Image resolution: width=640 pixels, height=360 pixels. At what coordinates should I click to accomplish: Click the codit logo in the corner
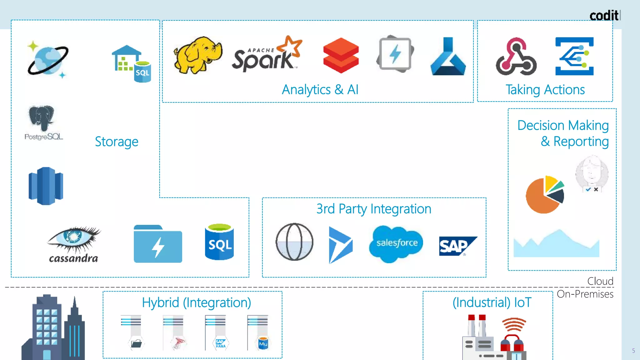pos(604,15)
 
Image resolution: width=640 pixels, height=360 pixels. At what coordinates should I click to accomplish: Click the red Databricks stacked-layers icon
pos(341,55)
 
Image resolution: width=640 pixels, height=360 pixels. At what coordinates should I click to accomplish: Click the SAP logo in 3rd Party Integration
pos(457,246)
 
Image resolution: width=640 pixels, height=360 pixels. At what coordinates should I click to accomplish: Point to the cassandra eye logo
pos(74,244)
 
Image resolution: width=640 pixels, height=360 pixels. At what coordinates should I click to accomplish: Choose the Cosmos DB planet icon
pos(48,59)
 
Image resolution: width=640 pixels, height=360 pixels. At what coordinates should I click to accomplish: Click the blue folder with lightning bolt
pos(158,244)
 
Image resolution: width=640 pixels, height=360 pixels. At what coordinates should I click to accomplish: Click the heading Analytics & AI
pos(320,90)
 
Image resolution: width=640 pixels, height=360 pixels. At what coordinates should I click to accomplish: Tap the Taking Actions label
pos(545,90)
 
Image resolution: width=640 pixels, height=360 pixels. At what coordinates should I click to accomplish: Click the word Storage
pos(117,142)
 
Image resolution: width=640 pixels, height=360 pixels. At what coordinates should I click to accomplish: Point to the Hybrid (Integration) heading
pos(196,302)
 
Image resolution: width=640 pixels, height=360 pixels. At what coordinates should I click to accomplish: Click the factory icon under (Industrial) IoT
pos(494,337)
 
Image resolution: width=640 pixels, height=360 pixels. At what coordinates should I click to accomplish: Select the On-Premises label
pos(585,294)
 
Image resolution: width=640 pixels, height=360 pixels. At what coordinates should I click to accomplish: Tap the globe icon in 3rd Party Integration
pos(294,242)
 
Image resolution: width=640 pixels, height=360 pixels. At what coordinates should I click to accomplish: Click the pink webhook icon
pos(516,57)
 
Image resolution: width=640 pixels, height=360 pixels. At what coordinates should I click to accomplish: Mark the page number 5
pos(633,351)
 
